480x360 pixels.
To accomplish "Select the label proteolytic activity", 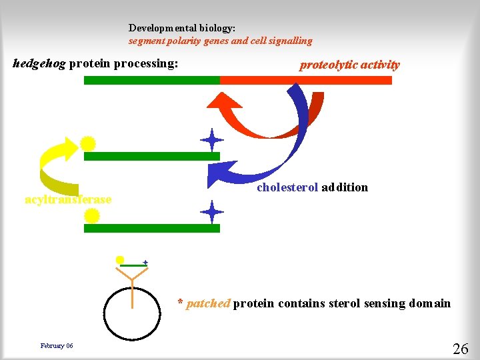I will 349,65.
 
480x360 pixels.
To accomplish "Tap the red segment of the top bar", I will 306,80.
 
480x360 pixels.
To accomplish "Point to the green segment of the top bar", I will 151,80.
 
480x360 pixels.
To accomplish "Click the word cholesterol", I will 287,187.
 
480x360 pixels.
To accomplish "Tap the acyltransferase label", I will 68,200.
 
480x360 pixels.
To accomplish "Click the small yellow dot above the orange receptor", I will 120,260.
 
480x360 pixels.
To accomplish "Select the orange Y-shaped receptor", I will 132,283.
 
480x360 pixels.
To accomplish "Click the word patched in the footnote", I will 208,304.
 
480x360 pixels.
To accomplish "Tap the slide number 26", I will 460,349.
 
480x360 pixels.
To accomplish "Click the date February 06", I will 57,345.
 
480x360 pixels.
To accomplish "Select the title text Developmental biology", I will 182,29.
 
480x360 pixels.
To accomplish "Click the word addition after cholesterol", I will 344,187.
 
